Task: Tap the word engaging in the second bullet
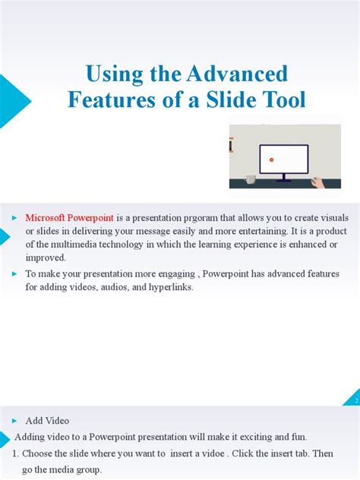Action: pos(169,273)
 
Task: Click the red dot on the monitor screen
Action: pos(271,159)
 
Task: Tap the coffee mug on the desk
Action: pos(250,180)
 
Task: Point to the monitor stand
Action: pos(283,177)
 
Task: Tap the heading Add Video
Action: pos(47,421)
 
